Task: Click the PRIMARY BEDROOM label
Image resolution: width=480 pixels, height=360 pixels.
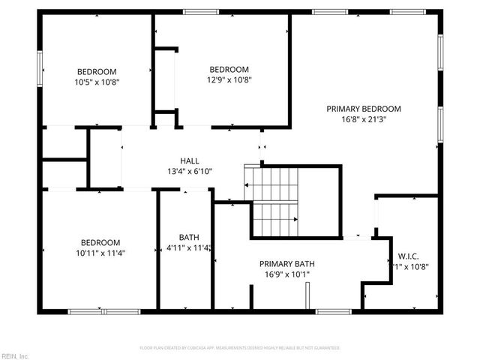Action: tap(364, 108)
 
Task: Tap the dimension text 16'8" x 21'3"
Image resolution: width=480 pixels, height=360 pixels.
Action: tap(364, 118)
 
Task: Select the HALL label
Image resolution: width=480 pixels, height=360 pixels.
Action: tap(190, 160)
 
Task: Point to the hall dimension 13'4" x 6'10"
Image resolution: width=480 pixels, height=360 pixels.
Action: tap(190, 171)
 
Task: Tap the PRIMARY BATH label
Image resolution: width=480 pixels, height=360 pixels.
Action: tap(286, 264)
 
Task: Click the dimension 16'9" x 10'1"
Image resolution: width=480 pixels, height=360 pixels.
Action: tap(286, 274)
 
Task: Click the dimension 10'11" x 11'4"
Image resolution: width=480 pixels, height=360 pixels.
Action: tap(100, 253)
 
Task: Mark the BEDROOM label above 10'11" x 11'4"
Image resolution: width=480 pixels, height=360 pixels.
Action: tap(100, 242)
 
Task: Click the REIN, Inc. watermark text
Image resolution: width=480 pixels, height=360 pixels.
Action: tap(14, 355)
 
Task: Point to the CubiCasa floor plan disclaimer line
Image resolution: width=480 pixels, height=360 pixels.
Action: tap(240, 348)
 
